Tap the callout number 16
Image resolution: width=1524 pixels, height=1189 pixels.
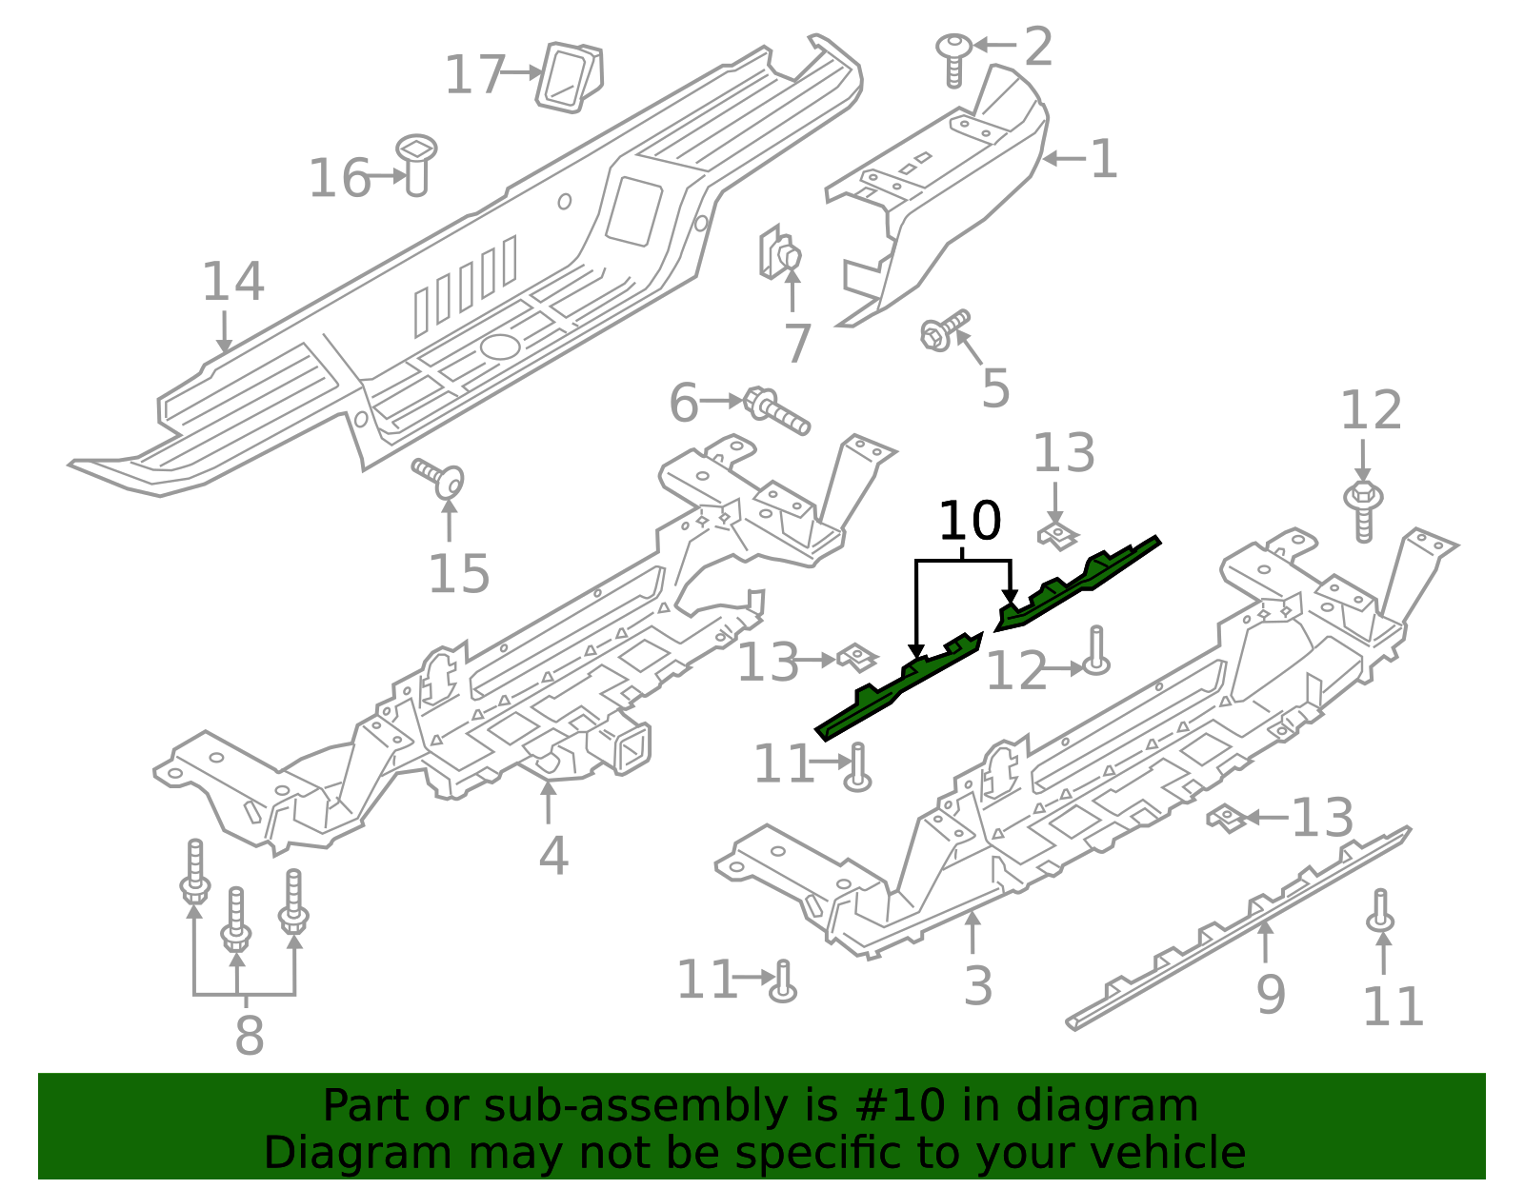[339, 178]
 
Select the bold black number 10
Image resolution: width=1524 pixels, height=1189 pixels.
[970, 521]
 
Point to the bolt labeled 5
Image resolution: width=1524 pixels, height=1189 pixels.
[943, 329]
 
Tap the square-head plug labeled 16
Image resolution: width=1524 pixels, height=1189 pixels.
[416, 164]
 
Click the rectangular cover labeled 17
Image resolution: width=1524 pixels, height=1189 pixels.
[571, 76]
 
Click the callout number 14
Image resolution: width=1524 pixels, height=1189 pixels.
[232, 282]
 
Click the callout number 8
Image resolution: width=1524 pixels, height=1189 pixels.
[249, 1035]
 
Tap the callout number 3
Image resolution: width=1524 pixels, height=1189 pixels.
[978, 985]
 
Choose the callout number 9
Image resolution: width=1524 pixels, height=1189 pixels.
[1271, 994]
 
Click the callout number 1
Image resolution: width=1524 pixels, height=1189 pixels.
[1103, 159]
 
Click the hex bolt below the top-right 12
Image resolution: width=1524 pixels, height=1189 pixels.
[1363, 510]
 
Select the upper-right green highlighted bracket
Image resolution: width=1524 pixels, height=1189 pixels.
[1076, 583]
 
